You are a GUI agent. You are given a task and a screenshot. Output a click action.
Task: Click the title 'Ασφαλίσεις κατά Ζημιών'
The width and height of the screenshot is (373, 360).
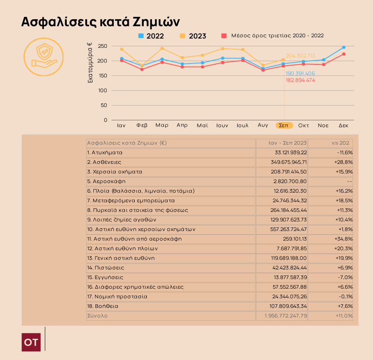pos(101,21)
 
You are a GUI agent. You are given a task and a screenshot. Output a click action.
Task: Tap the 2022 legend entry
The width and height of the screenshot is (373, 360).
pos(151,36)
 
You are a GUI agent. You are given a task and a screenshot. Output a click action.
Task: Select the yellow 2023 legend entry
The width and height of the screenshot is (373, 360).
pos(193,36)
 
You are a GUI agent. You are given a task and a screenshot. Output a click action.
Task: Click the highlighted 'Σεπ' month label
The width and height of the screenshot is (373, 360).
pos(285,125)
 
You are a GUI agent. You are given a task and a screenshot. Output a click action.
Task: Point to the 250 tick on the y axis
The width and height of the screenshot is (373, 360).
pos(102,46)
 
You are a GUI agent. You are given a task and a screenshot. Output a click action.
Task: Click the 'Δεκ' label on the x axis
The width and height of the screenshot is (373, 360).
pos(344,125)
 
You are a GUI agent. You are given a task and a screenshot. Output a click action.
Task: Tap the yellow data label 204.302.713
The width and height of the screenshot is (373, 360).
pos(300,56)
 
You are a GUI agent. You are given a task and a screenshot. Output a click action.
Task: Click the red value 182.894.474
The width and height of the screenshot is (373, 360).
pos(300,80)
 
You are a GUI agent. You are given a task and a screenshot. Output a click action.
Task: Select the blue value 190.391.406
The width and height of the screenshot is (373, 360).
pos(300,74)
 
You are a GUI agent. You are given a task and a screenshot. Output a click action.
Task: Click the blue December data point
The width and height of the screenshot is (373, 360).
pos(344,47)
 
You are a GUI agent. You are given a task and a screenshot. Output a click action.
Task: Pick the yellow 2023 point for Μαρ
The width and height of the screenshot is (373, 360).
pos(162,48)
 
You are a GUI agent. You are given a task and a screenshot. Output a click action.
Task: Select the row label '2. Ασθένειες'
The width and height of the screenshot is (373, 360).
pos(104,162)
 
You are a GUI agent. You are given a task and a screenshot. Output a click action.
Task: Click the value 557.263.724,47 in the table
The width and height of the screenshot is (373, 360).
pos(286,229)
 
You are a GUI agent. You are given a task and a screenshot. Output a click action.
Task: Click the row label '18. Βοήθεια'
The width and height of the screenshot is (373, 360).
pos(103,306)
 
